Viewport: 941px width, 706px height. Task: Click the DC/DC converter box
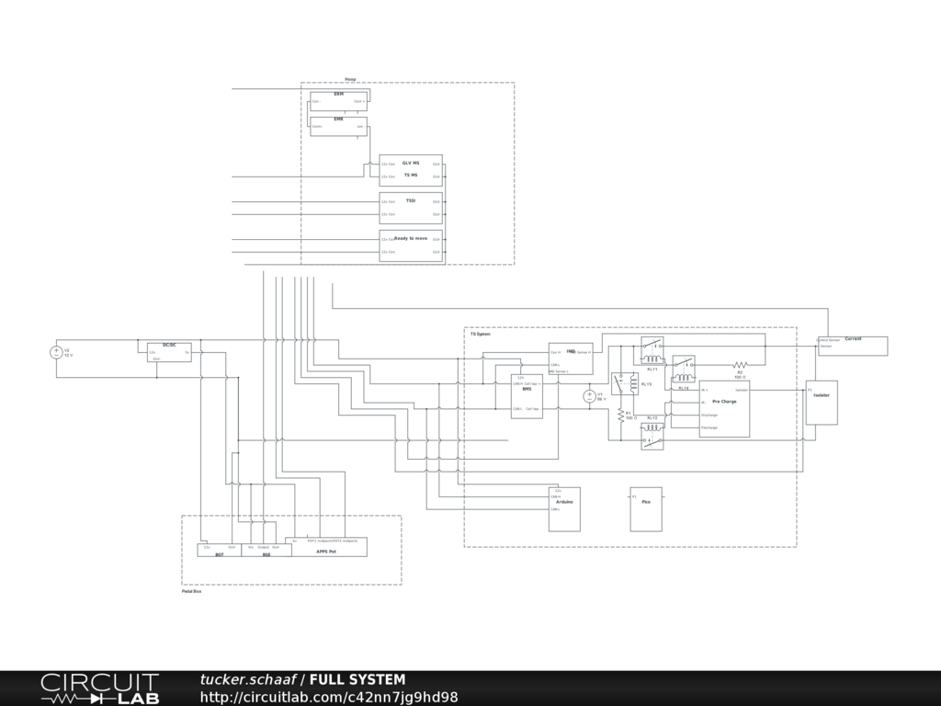(x=169, y=352)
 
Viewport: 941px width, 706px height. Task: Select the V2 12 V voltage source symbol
(x=56, y=352)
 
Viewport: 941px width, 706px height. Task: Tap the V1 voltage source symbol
(x=590, y=396)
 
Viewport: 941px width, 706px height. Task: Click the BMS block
(x=527, y=396)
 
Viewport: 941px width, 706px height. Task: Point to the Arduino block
(x=564, y=508)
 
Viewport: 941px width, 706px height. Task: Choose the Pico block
(x=645, y=508)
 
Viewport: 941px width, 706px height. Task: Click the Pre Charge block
(x=724, y=408)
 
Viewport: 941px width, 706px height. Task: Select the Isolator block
(x=822, y=402)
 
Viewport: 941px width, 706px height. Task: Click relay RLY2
(x=683, y=369)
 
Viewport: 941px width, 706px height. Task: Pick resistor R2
(x=740, y=365)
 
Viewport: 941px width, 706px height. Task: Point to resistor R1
(x=620, y=416)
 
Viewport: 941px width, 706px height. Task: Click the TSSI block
(x=411, y=208)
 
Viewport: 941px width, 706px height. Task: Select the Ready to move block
(x=411, y=245)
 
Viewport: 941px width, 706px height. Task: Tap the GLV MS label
(x=411, y=163)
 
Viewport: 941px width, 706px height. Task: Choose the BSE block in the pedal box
(x=266, y=550)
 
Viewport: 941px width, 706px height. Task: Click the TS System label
(x=481, y=334)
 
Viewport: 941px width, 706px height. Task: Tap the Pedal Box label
(x=191, y=591)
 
